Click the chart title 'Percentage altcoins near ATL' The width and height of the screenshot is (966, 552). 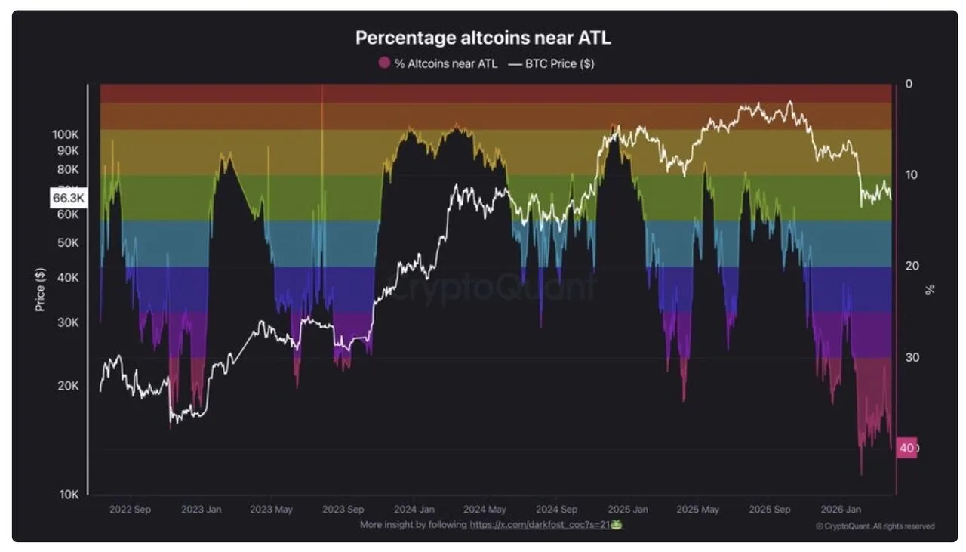[482, 38]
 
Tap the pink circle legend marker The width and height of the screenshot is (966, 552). [384, 63]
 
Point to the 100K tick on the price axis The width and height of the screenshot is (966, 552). [66, 134]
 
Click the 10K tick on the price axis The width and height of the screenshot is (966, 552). [69, 495]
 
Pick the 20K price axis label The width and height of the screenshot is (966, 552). [68, 386]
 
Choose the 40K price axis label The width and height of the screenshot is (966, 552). [68, 277]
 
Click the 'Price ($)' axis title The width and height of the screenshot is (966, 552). [40, 289]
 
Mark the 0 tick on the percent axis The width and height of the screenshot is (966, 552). [909, 84]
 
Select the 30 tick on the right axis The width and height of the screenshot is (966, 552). [911, 357]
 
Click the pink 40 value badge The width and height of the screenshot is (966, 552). [906, 448]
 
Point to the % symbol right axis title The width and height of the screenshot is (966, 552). [930, 289]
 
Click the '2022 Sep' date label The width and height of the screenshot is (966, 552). [130, 510]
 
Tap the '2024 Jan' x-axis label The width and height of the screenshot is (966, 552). [414, 510]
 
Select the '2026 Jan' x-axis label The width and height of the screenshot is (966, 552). [841, 510]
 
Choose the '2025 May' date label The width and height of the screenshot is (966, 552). [698, 510]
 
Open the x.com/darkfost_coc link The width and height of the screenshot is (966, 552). [540, 524]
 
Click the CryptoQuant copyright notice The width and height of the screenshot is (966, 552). [875, 526]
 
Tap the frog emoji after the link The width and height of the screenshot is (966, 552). [617, 524]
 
